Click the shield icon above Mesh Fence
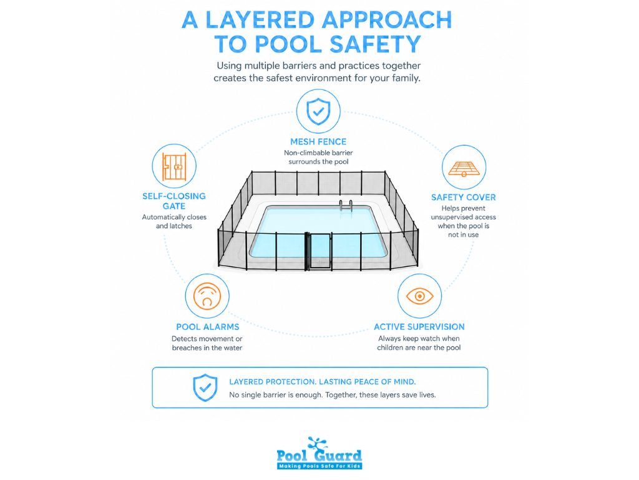point(318,111)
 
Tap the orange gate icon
point(174,166)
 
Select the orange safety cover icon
point(464,169)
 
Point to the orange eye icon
point(420,296)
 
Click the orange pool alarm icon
point(207,296)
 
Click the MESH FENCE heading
point(318,142)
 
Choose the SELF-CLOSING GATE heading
point(174,201)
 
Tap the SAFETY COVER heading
point(464,197)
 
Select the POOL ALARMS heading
point(207,326)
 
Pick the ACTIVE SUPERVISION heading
point(419,326)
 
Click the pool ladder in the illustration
point(346,206)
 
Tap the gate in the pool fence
point(319,251)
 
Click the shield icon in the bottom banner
point(205,387)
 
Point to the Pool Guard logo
point(319,453)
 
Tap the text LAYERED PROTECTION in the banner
point(273,382)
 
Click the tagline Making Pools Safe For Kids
point(319,466)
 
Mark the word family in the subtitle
point(406,78)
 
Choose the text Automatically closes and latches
point(174,221)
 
